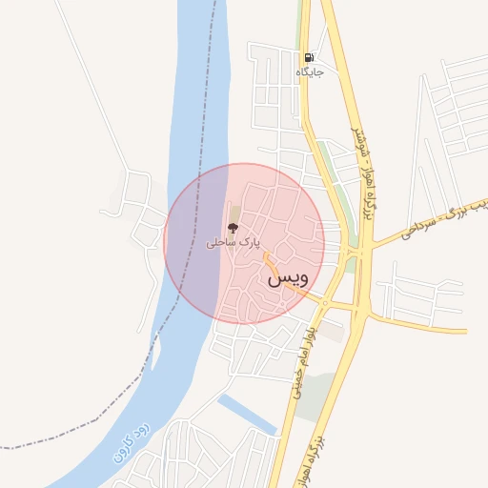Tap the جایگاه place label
pyautogui.click(x=311, y=71)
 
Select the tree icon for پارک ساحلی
pyautogui.click(x=233, y=227)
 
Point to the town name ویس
pyautogui.click(x=288, y=277)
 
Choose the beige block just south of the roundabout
pyautogui.click(x=332, y=330)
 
